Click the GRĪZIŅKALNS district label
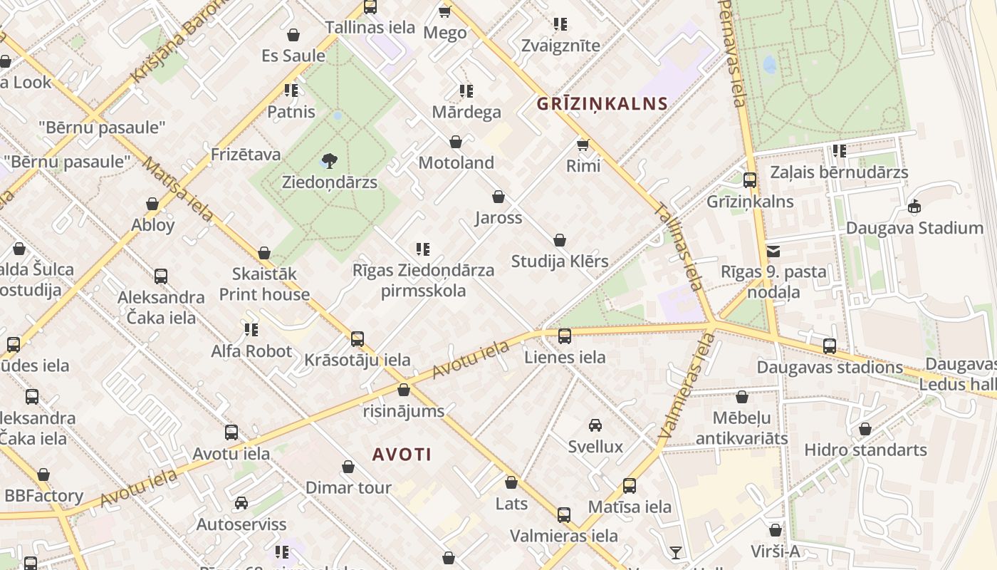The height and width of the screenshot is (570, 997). click(x=602, y=103)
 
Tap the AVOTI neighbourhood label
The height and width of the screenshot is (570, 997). click(x=402, y=455)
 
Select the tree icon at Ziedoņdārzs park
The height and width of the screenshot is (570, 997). click(x=329, y=161)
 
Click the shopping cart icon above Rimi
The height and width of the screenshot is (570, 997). click(x=583, y=145)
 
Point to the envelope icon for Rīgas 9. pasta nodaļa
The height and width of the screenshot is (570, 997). click(x=773, y=251)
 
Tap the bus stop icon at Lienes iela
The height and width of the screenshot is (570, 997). click(x=565, y=336)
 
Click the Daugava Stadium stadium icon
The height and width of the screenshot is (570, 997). click(x=914, y=207)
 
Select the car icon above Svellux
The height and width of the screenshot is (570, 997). click(x=595, y=425)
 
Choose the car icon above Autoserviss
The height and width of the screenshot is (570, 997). click(x=241, y=503)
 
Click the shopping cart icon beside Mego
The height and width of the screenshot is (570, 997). click(x=445, y=11)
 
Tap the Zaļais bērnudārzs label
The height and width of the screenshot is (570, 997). click(x=840, y=172)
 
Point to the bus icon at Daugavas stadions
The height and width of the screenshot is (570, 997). click(x=830, y=346)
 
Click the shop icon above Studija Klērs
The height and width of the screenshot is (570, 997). click(x=560, y=240)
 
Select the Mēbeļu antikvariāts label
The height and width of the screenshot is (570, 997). click(x=742, y=427)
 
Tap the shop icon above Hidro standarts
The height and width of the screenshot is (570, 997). click(x=865, y=429)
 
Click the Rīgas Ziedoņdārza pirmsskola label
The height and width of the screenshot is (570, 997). click(x=423, y=280)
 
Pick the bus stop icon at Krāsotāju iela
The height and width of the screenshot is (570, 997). click(x=357, y=338)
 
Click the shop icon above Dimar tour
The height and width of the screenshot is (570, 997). click(x=348, y=467)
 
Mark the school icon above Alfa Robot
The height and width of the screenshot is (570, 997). click(x=251, y=329)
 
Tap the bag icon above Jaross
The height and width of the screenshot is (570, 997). click(x=499, y=197)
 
